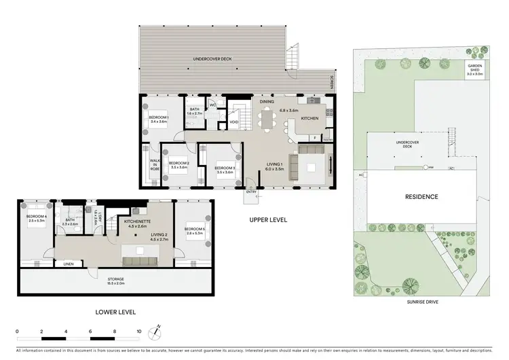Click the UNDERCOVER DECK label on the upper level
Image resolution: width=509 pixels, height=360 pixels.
pos(212,60)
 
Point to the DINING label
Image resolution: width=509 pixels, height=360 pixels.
pos(267,101)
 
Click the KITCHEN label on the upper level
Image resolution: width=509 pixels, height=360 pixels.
pos(309,118)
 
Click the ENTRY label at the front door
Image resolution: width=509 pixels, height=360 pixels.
pos(252,192)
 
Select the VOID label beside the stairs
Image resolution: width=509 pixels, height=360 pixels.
pos(233,122)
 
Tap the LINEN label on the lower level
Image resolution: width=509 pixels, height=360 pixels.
pos(68,264)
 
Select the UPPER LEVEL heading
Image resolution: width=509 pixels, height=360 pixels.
pos(268,220)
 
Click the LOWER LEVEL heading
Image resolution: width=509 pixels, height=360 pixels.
pos(116,312)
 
